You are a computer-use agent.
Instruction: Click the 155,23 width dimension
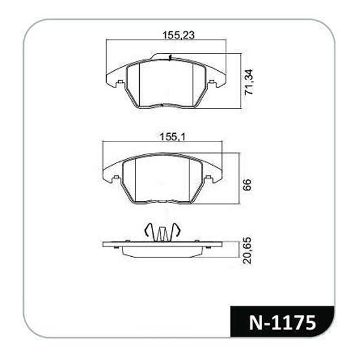point(178,35)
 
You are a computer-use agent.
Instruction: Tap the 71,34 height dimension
point(248,82)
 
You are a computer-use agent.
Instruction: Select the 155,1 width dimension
point(172,137)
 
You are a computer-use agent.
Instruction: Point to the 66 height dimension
point(247,185)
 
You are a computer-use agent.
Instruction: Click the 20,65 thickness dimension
point(247,251)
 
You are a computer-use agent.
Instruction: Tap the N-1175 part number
point(282,323)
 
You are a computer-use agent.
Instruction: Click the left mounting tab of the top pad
point(120,82)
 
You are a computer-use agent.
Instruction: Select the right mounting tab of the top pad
point(212,82)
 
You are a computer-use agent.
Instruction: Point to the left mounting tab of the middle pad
point(116,178)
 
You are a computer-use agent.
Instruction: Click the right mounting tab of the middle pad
point(208,178)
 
